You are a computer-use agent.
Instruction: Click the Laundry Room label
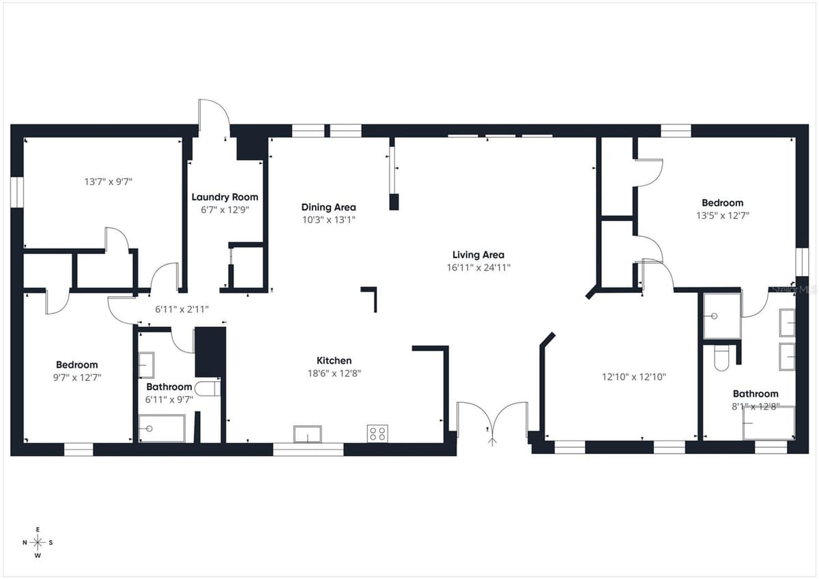(225, 197)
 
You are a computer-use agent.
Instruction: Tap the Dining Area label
(328, 208)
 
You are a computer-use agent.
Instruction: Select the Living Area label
(478, 255)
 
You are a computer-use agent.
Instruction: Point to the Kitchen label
(334, 361)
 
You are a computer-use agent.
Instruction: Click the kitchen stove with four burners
(377, 434)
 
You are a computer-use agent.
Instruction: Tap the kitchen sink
(308, 434)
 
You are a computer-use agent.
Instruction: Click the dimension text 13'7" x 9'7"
(109, 182)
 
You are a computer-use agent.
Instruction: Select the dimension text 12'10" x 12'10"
(634, 377)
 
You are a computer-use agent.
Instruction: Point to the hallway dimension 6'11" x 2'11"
(182, 309)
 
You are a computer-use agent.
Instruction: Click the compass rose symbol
(38, 542)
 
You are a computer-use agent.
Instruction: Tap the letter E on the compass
(38, 530)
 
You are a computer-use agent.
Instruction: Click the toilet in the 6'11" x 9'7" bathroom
(207, 389)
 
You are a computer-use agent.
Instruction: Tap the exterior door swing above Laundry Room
(214, 117)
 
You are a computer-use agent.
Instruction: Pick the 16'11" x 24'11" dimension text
(478, 268)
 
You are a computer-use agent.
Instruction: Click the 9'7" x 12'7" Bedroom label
(76, 365)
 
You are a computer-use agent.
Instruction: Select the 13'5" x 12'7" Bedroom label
(723, 203)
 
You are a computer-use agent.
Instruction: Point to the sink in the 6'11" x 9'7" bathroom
(146, 365)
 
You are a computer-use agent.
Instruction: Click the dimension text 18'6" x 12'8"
(334, 373)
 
